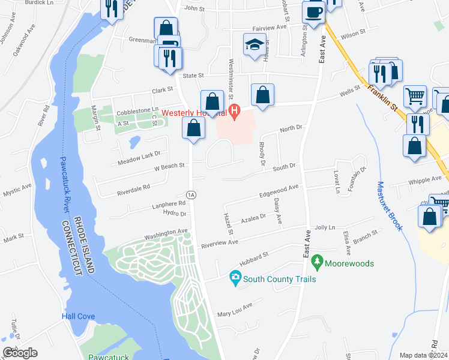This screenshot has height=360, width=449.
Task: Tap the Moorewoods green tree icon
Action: tap(316, 263)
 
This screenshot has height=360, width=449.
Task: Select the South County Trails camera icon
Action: tap(235, 278)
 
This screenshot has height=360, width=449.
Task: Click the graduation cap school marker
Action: tap(255, 46)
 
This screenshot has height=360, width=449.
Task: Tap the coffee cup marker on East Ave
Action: tap(314, 12)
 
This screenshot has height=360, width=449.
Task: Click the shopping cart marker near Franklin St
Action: tap(415, 97)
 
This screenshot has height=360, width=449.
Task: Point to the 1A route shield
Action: tap(191, 195)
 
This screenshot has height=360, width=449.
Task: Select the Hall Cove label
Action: tap(77, 316)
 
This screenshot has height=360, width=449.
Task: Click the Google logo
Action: tap(20, 352)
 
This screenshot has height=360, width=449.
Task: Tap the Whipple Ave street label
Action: tap(424, 179)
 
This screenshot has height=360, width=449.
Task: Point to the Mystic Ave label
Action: tap(17, 190)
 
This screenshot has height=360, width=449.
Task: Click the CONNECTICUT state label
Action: tap(78, 246)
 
